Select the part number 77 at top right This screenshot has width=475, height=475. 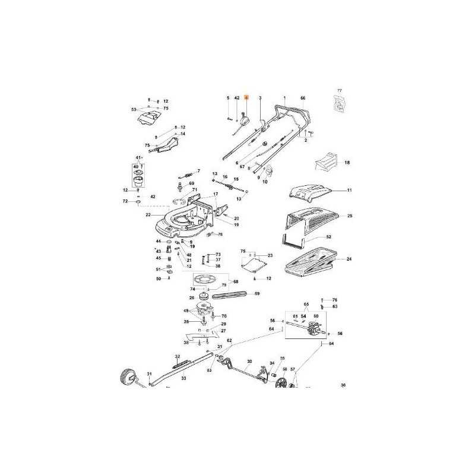340,91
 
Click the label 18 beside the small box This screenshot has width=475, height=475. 347,162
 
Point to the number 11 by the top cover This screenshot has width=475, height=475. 350,191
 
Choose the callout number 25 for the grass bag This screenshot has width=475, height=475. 350,216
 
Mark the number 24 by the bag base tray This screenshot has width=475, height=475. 349,259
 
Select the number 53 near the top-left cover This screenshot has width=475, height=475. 134,109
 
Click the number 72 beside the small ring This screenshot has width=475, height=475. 125,202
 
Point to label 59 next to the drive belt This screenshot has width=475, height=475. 257,293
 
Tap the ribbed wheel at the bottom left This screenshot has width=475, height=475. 126,376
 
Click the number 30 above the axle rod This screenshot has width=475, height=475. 249,361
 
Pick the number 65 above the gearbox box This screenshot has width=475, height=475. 306,303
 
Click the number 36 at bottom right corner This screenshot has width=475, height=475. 343,385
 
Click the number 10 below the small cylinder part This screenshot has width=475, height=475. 265,181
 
